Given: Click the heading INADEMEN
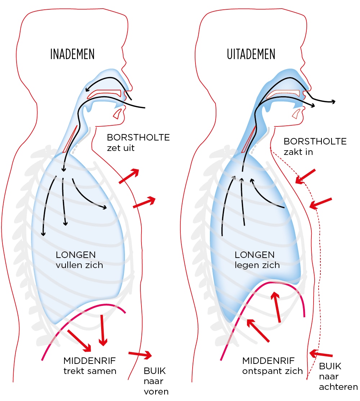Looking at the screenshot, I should (72, 54).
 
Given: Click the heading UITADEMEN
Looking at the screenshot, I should (251, 54).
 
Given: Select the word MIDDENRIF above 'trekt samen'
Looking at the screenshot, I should (90, 361).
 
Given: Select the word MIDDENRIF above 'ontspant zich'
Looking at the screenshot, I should (269, 361).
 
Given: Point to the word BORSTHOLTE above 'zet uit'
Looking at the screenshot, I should (138, 137).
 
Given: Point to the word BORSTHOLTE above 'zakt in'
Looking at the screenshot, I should (315, 141).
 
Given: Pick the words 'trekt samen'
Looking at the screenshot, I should (90, 371).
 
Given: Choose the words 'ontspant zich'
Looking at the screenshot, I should (273, 371).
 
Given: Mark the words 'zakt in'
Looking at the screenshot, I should (298, 152).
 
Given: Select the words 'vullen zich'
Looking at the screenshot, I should (79, 266).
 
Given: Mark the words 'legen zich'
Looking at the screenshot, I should (257, 266).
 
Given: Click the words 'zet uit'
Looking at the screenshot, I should (121, 148).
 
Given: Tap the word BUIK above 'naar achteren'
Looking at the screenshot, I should (330, 367).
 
